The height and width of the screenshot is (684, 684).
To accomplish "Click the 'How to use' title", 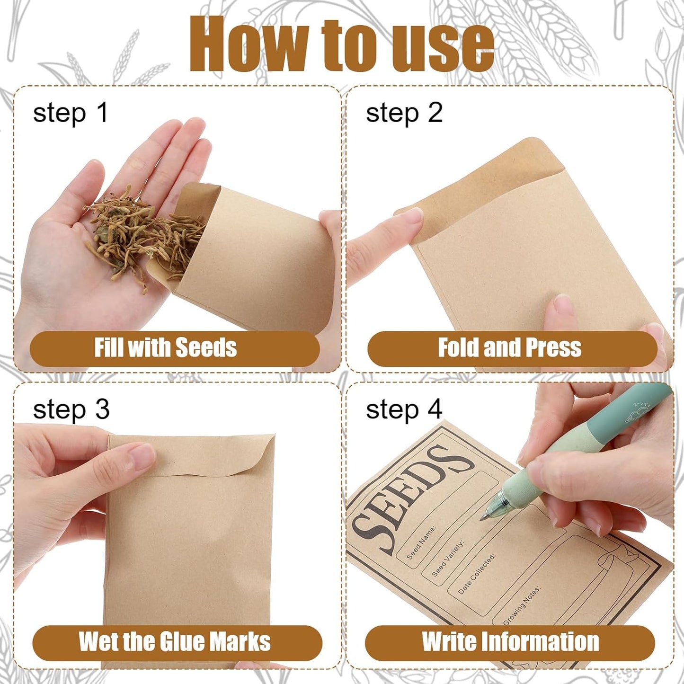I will point(342,45).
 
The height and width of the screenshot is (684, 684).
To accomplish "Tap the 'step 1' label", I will point(71,114).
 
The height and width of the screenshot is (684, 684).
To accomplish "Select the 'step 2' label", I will point(404,114).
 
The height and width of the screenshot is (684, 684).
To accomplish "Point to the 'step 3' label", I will point(71,409).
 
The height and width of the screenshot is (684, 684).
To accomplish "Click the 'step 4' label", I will point(404,409).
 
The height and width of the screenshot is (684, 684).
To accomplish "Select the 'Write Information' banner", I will point(510,642).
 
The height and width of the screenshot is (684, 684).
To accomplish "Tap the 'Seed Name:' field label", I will point(421,542).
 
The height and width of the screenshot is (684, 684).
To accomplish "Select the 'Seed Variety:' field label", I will point(448,559).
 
